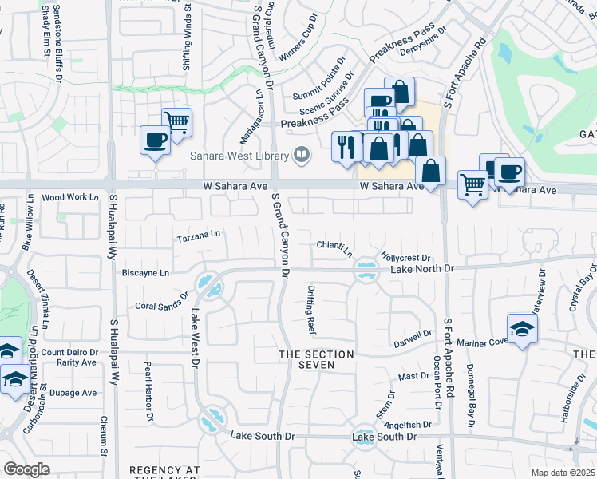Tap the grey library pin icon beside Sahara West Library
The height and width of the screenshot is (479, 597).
pyautogui.click(x=302, y=155)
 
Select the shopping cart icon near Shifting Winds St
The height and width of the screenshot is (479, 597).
pyautogui.click(x=176, y=122)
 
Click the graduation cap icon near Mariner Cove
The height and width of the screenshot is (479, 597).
pyautogui.click(x=522, y=328)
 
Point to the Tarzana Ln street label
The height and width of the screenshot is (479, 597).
pyautogui.click(x=198, y=236)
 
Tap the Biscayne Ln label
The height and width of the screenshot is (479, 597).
pyautogui.click(x=145, y=272)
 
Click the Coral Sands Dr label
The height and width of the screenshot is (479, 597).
pyautogui.click(x=160, y=305)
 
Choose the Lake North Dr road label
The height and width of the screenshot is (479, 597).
pyautogui.click(x=421, y=270)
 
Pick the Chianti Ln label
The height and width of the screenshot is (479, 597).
pyautogui.click(x=334, y=248)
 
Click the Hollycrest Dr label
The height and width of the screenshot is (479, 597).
pyautogui.click(x=405, y=259)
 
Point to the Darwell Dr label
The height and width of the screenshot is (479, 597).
pyautogui.click(x=413, y=342)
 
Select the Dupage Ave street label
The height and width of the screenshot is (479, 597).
pyautogui.click(x=74, y=393)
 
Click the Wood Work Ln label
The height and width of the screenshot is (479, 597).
pyautogui.click(x=69, y=197)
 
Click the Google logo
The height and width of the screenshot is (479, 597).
pyautogui.click(x=26, y=469)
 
